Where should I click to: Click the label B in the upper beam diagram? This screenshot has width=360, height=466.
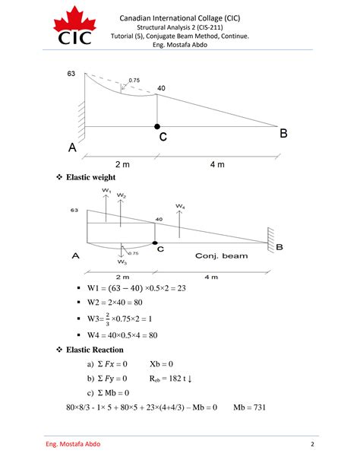283,134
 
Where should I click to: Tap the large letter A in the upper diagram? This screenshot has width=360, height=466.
73,149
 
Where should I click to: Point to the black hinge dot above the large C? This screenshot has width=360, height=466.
157,125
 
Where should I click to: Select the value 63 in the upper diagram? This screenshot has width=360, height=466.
71,74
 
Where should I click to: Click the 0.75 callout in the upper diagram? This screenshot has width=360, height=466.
134,80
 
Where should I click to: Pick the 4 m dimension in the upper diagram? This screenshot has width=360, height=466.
217,165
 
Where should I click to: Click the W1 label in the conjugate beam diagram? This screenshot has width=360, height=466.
106,191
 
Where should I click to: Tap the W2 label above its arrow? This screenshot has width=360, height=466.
122,195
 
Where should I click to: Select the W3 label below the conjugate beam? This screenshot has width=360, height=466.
122,262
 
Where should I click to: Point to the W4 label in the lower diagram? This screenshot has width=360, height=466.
179,206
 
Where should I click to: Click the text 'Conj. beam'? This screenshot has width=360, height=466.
221,255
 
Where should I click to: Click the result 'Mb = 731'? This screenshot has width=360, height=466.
249,407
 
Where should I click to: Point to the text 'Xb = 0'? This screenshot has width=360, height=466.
162,364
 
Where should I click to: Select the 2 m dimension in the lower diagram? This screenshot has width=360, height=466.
122,277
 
